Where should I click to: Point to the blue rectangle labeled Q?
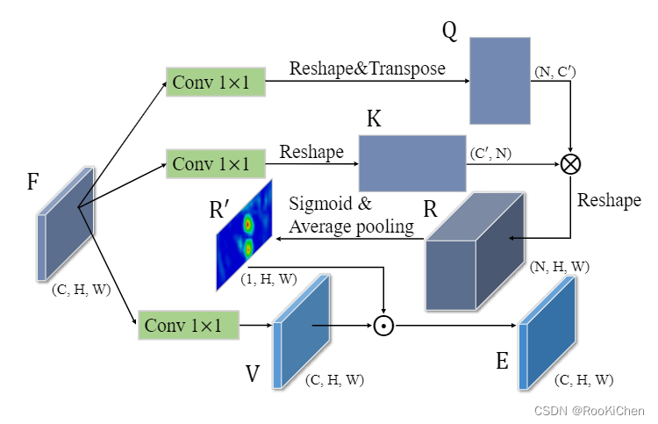point(499,81)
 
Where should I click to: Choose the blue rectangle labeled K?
point(411,162)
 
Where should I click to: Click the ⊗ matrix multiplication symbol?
point(571,163)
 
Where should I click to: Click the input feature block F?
point(66,224)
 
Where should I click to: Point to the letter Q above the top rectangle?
point(449,32)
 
